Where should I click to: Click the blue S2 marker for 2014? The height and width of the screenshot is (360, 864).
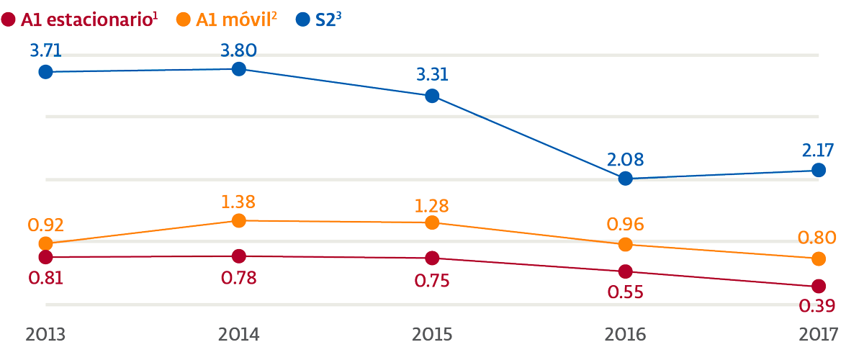click(x=239, y=69)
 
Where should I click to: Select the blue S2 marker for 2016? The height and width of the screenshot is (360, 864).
click(x=626, y=179)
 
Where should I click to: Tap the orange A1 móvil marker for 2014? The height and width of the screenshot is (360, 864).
click(x=239, y=220)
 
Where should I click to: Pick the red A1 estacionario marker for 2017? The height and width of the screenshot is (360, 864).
click(x=819, y=286)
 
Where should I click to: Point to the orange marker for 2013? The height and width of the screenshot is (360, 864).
click(x=45, y=244)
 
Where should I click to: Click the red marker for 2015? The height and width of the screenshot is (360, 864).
click(x=432, y=258)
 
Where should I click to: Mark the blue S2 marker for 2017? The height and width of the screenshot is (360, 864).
click(x=819, y=170)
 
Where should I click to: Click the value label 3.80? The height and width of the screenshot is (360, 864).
click(x=239, y=50)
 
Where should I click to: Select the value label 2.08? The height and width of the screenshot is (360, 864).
click(x=625, y=159)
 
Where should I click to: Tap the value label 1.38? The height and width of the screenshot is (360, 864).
click(x=238, y=202)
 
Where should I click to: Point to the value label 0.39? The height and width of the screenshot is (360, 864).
click(x=817, y=306)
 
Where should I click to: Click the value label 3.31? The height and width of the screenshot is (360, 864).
click(x=432, y=76)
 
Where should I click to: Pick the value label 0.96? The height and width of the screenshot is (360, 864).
click(x=625, y=225)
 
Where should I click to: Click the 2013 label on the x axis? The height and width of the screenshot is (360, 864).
click(x=46, y=335)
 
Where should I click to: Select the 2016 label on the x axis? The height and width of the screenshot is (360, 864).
click(x=626, y=335)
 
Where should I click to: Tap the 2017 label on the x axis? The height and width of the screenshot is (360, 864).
click(x=819, y=335)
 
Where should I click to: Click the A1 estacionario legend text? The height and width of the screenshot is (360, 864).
click(x=86, y=19)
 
